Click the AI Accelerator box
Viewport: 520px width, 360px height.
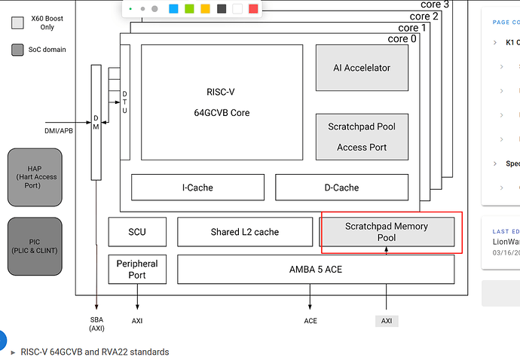pos(362,68)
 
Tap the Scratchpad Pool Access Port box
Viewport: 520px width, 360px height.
pos(362,136)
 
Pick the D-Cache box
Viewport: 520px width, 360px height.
pos(341,188)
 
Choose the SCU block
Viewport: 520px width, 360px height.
pos(136,232)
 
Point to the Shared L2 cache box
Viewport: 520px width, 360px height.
pos(245,232)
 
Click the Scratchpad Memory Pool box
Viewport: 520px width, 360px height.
pos(387,232)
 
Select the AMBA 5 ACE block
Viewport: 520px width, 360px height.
pos(317,269)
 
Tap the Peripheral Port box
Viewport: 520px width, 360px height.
pos(136,269)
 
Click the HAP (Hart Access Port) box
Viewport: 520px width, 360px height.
pos(35,176)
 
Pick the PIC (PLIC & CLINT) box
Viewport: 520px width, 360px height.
pos(35,246)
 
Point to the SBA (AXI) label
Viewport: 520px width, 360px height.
pos(96,325)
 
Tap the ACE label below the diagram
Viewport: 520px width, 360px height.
pos(310,321)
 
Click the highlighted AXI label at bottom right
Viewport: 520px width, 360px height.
pos(387,321)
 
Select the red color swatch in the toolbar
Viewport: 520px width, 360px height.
pos(253,9)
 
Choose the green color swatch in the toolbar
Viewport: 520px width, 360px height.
pos(189,9)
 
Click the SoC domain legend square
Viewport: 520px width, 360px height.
pos(18,50)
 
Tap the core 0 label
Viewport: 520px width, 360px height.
pos(402,39)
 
